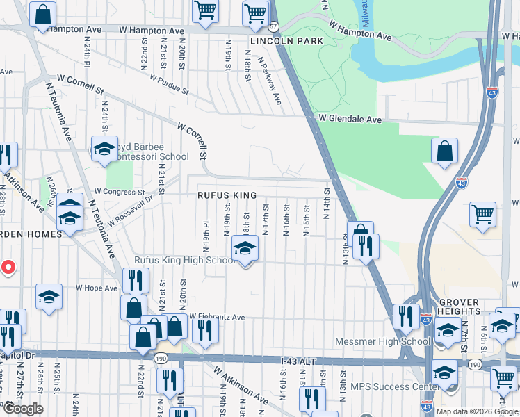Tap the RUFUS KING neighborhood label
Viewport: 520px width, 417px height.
coord(227,196)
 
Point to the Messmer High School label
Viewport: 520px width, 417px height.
coord(382,341)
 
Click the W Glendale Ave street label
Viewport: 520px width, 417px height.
coord(350,120)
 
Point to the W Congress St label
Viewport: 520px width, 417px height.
coord(119,192)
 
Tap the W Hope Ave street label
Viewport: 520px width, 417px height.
coord(97,287)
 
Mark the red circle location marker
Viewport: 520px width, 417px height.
coord(8,267)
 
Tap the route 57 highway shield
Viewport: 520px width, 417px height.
coord(274,26)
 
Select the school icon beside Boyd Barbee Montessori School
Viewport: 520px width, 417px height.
coord(104,149)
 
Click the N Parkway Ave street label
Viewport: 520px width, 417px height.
coord(270,80)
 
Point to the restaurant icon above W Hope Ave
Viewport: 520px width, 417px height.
coord(136,279)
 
